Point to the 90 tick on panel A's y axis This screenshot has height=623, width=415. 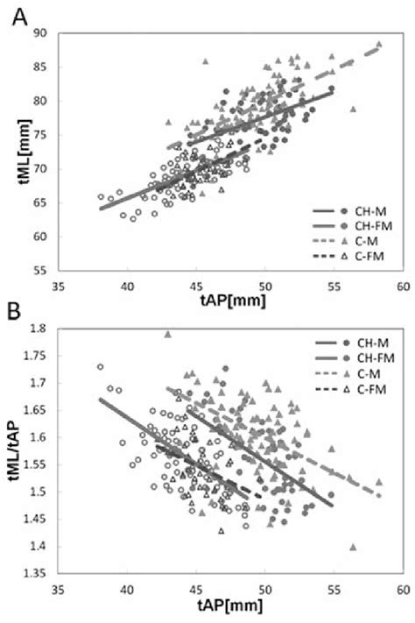tap(41, 33)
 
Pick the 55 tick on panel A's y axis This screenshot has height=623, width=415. tap(41, 271)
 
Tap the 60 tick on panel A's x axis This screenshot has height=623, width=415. tap(402, 286)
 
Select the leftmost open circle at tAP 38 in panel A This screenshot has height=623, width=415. tap(101, 197)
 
